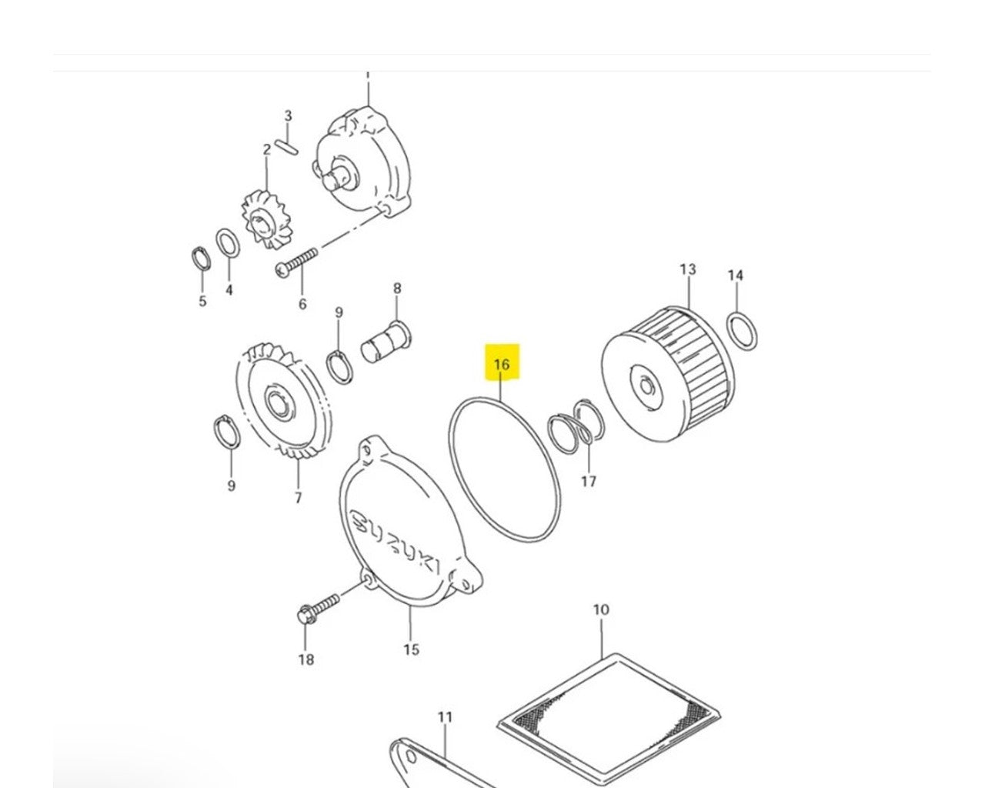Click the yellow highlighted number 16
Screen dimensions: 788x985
(x=502, y=364)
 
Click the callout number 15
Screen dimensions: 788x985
(x=411, y=649)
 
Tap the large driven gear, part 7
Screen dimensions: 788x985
(x=280, y=404)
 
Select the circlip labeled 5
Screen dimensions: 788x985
(x=200, y=259)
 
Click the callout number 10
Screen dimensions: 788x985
(x=600, y=610)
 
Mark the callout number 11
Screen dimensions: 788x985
(x=445, y=717)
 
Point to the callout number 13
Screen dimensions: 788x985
(x=687, y=269)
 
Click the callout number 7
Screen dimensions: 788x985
(x=298, y=498)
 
